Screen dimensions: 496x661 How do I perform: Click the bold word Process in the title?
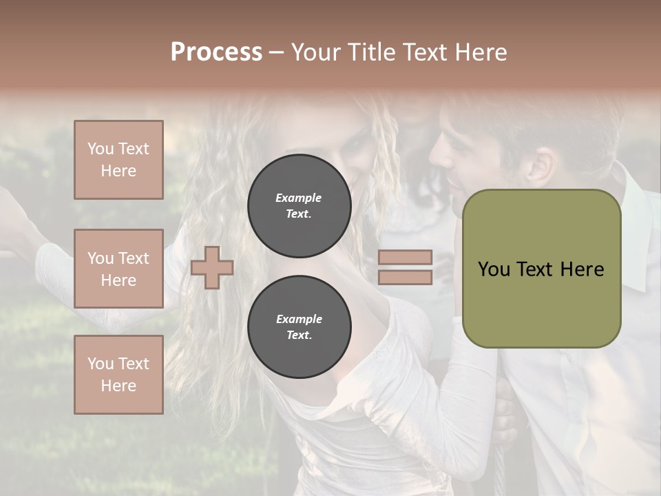[x=216, y=52]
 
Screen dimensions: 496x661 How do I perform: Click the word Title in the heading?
[x=370, y=52]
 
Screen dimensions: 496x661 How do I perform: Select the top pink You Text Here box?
[x=118, y=160]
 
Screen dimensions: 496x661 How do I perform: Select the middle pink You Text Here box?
[x=118, y=269]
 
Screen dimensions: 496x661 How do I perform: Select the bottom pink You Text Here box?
[x=118, y=374]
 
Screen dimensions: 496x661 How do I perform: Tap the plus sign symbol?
[x=211, y=267]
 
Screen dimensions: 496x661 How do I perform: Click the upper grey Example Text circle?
[x=299, y=206]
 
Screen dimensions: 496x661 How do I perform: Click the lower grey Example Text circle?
[x=299, y=327]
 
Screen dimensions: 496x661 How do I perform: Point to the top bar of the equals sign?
[x=405, y=258]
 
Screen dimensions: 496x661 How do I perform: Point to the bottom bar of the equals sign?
[x=405, y=277]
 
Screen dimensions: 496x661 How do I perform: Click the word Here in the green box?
[x=582, y=269]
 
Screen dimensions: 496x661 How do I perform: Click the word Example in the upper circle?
[x=299, y=198]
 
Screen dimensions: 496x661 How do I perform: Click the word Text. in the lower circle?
[x=299, y=335]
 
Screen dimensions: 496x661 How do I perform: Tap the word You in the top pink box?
[x=101, y=149]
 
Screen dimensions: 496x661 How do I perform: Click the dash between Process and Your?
[x=277, y=52]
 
